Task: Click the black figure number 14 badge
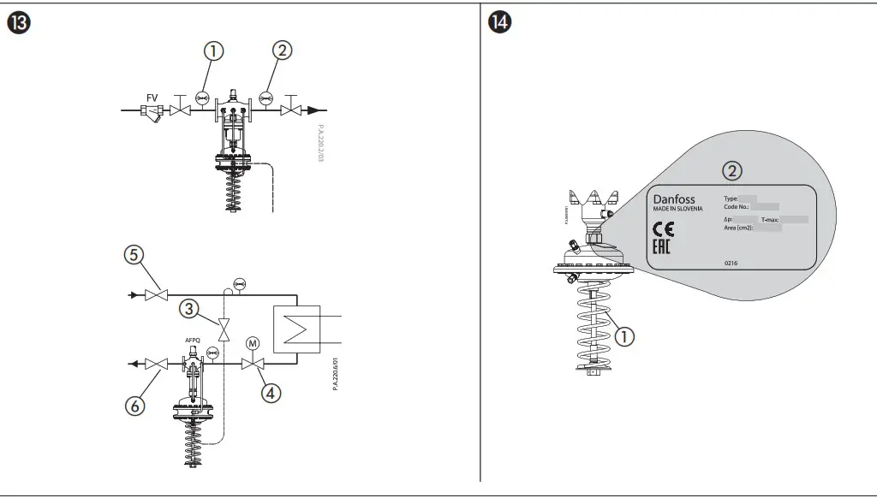click(498, 23)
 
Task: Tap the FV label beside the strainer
click(151, 97)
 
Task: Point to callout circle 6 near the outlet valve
click(134, 406)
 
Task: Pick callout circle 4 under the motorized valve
click(271, 393)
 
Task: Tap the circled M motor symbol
click(253, 344)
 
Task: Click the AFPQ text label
click(193, 341)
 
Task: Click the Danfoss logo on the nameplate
click(675, 199)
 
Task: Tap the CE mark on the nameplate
click(663, 228)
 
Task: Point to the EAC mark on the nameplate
click(661, 248)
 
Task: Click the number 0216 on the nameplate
click(731, 263)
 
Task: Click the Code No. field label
click(737, 206)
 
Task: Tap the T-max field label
click(769, 220)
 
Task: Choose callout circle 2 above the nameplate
click(731, 170)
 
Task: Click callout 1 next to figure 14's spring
click(625, 336)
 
